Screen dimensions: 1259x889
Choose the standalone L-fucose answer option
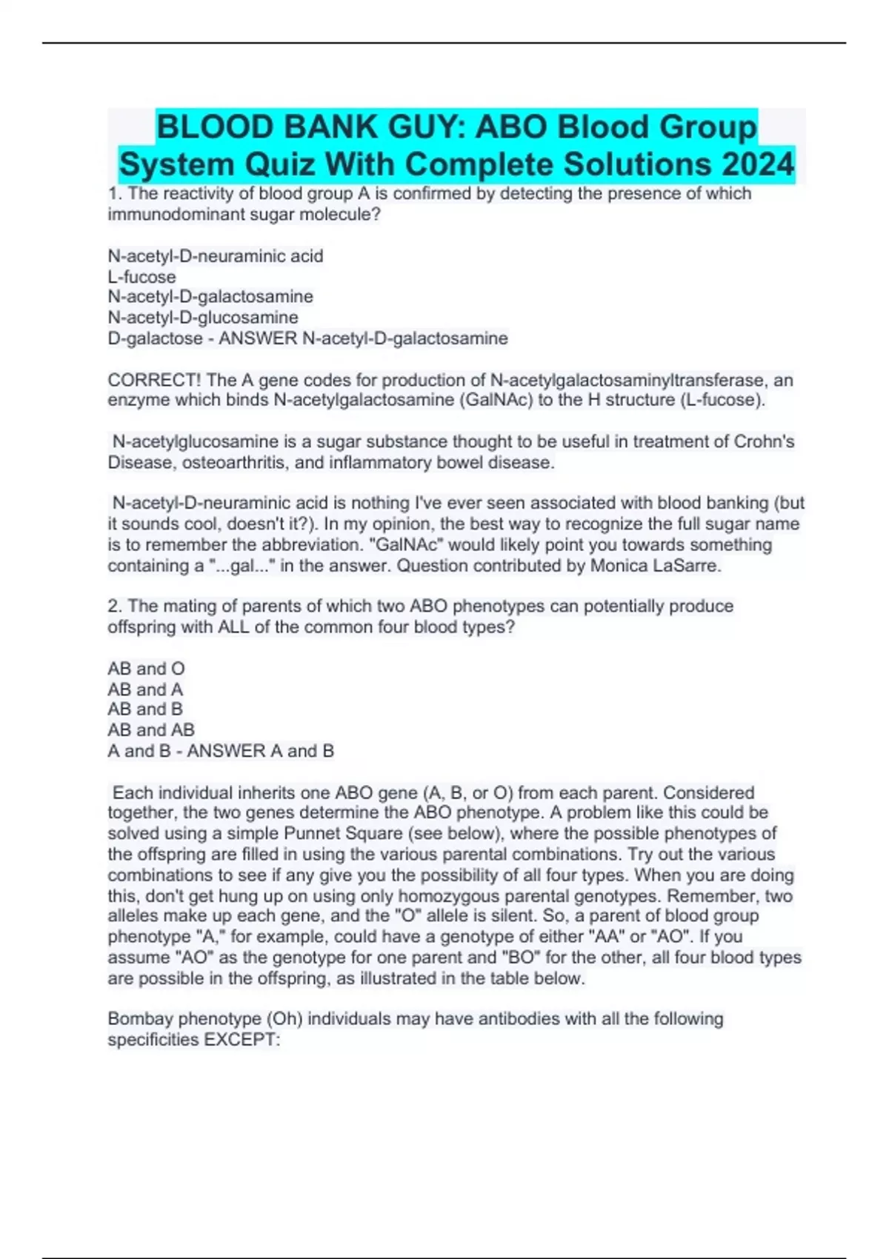click(141, 277)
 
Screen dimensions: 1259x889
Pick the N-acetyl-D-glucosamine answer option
click(203, 318)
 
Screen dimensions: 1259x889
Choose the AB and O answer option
click(146, 669)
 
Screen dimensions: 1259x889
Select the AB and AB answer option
click(151, 730)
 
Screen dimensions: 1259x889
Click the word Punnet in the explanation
click(312, 833)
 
